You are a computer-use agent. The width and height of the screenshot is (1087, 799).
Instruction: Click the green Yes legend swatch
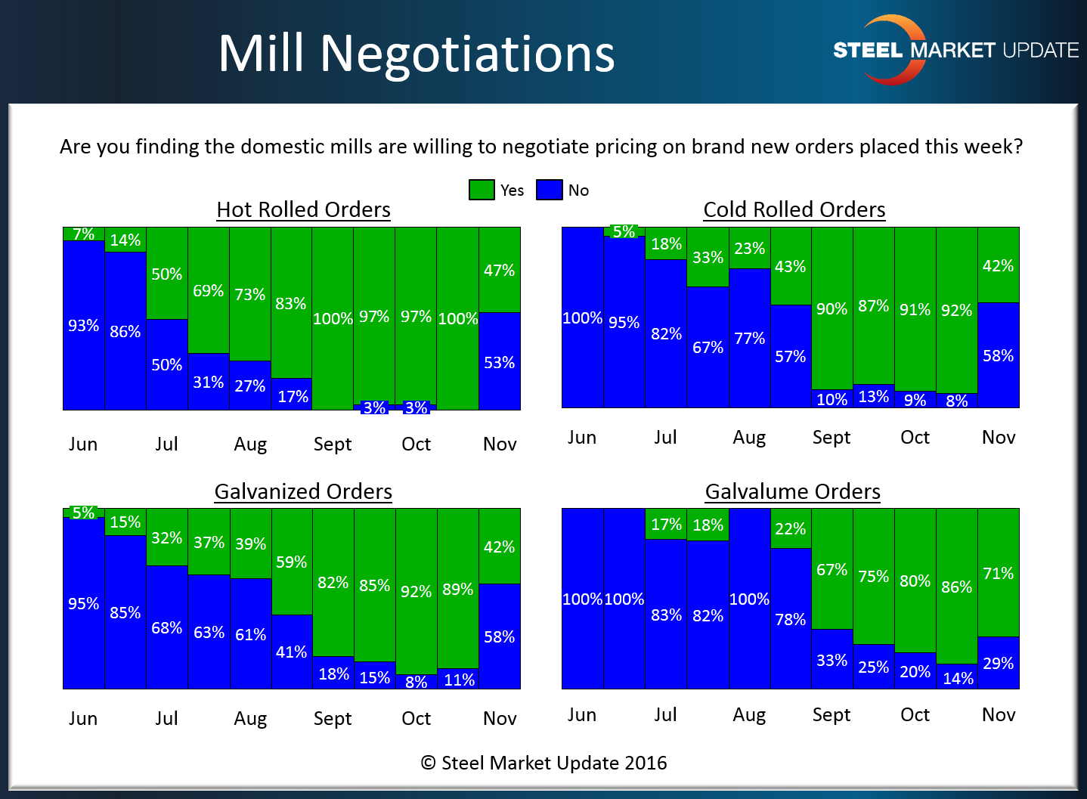click(482, 190)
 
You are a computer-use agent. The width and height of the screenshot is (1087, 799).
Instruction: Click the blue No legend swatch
click(550, 190)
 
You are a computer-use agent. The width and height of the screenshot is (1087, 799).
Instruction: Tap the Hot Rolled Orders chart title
click(303, 209)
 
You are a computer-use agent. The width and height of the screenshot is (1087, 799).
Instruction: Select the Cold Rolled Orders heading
click(794, 209)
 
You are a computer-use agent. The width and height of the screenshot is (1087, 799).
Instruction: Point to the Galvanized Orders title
click(303, 491)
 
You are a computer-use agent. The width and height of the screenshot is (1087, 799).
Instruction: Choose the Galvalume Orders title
click(792, 491)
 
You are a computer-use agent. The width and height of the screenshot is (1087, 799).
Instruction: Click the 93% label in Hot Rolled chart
click(83, 325)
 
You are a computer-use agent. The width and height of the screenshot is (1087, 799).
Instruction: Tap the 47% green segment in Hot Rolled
click(499, 270)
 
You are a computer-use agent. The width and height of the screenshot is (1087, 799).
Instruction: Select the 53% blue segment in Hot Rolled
click(499, 362)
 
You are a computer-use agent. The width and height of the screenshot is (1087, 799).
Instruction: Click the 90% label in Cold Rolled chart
click(832, 308)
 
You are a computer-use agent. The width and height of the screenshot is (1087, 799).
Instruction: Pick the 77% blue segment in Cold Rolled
click(749, 338)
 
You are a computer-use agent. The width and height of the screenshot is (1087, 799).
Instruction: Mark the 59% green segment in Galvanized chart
click(291, 562)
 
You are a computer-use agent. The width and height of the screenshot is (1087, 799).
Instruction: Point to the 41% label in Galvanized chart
click(291, 652)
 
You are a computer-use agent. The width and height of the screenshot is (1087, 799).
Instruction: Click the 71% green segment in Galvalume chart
click(998, 573)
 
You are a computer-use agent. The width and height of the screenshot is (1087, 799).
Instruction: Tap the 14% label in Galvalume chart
click(957, 678)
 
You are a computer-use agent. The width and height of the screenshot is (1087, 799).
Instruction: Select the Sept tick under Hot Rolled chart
click(333, 444)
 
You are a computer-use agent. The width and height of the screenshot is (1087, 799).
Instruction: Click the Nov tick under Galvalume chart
click(998, 714)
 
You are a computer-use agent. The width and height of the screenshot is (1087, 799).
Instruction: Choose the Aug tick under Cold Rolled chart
click(749, 437)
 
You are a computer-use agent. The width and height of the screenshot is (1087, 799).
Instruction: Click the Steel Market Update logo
click(955, 50)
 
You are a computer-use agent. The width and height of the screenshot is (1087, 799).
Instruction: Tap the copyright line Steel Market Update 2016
click(543, 763)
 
